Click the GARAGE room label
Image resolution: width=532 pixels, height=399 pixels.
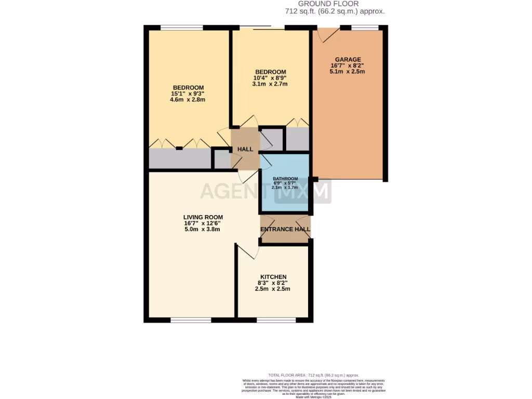[348, 60]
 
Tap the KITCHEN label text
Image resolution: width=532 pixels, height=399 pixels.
[272, 277]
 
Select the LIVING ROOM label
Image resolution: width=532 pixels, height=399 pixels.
[203, 217]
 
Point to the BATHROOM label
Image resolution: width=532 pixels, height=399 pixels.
[285, 179]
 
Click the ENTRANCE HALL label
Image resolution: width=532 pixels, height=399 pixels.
[285, 229]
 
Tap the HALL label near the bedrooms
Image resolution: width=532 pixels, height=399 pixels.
[245, 150]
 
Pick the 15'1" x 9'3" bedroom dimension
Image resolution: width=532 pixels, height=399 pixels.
[188, 94]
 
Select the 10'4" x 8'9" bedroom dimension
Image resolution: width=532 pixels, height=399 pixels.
[270, 78]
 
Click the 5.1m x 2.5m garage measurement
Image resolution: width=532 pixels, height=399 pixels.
[348, 72]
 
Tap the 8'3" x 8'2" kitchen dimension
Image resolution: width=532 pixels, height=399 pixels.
[272, 283]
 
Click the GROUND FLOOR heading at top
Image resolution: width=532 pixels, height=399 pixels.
[335, 4]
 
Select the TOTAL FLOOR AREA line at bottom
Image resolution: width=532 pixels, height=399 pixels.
[313, 375]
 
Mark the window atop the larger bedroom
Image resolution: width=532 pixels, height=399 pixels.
[181, 28]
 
